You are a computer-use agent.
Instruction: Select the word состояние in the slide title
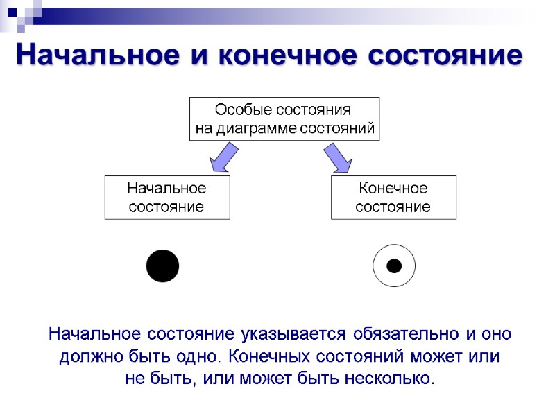pos(442,55)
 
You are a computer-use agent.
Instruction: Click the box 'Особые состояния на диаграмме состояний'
pos(284,119)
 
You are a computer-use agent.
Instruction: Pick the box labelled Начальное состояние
pos(166,198)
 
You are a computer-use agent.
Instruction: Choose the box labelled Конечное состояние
pos(393,198)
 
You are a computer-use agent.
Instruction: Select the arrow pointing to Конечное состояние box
pos(338,157)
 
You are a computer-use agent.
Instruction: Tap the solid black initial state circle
pos(163,266)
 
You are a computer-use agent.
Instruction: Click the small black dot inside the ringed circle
pos(393,266)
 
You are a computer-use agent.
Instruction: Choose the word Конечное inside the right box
pos(393,189)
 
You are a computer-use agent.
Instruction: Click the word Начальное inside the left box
pos(166,189)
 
